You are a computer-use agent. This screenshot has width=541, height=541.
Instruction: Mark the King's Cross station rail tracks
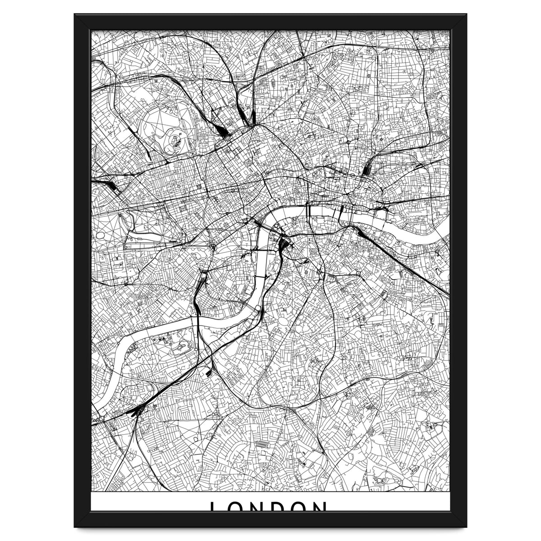(x=246, y=117)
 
